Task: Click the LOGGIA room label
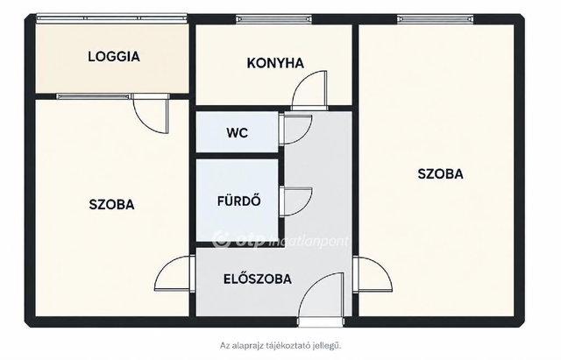pos(114,56)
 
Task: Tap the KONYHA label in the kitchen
pos(275,63)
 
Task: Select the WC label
pos(237,133)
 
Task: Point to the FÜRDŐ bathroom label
pos(238,201)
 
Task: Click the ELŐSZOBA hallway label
pos(257,279)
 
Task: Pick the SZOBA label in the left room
pos(111,204)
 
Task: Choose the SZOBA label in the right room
pos(440,173)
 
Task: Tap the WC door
pos(295,130)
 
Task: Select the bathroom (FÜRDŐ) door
pos(295,201)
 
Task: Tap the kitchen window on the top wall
pos(273,19)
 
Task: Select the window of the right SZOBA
pos(436,19)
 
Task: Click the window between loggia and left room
pos(94,96)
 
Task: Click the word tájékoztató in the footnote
pos(293,346)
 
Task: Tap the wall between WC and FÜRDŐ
pos(238,156)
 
